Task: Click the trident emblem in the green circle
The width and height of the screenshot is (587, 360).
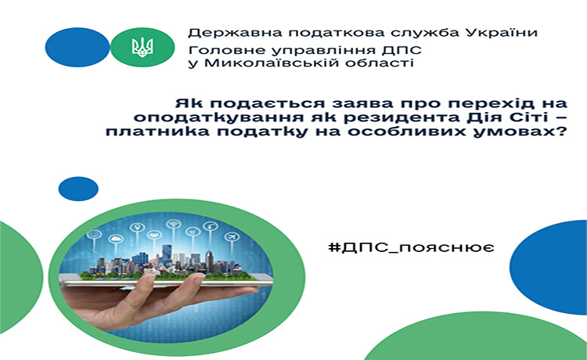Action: coord(142,48)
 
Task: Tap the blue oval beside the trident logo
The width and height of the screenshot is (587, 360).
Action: coord(77,47)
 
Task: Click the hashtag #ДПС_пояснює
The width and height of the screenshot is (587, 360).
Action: coord(411,247)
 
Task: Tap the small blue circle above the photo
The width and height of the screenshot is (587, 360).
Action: coord(78,189)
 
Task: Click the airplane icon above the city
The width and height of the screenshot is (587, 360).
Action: coord(232,237)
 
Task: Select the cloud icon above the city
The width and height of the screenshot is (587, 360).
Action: coord(116,239)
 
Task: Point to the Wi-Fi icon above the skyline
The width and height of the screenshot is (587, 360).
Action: coord(173,224)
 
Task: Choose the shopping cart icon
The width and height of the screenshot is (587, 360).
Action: coord(193,232)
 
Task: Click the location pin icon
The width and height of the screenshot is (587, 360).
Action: coord(137,227)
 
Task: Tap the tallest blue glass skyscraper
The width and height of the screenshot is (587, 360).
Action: coord(167,254)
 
